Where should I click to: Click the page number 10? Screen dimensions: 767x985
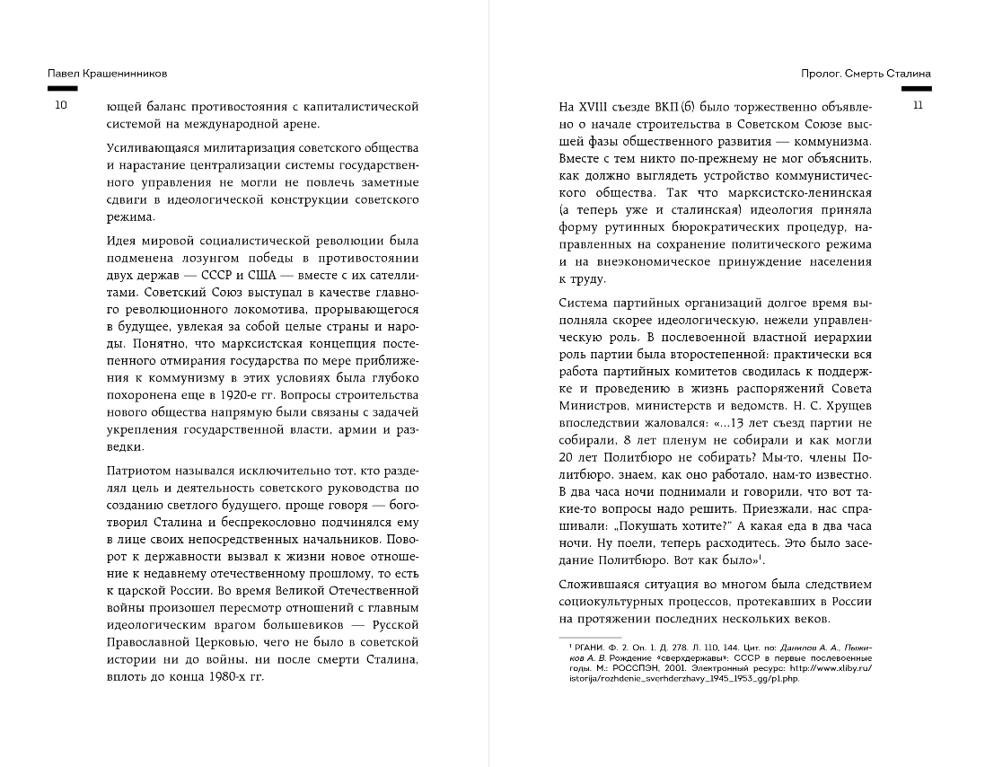(x=61, y=107)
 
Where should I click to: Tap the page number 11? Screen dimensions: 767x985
(x=917, y=107)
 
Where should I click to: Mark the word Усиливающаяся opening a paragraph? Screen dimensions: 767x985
(x=155, y=147)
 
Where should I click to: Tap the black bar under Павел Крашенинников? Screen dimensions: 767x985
(x=62, y=88)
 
